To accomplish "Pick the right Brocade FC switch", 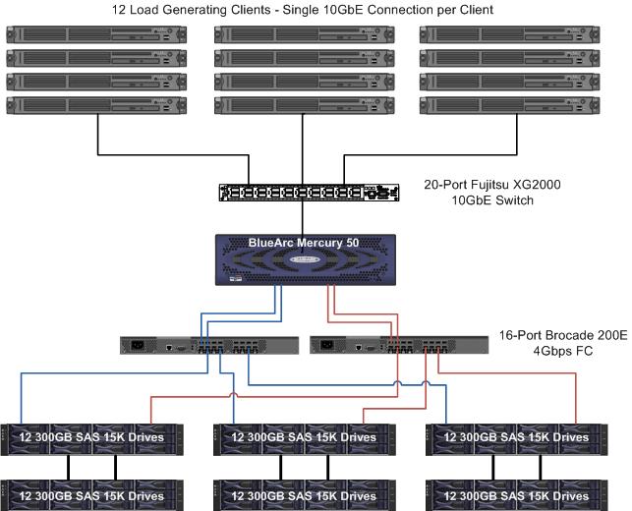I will [x=399, y=345].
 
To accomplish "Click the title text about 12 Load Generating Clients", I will [x=316, y=9].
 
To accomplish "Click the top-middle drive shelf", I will [x=305, y=438].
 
